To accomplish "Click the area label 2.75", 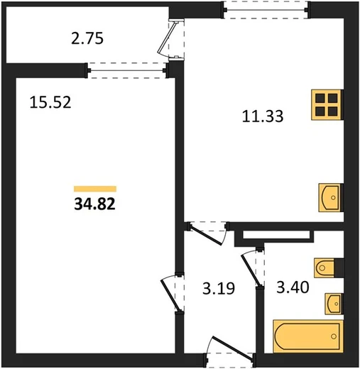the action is pos(87,39).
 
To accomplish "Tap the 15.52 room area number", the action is pos(50,103).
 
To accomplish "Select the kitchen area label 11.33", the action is pos(263,116).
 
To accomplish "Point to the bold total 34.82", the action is pos(94,204).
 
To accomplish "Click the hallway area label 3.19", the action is pos(219,288).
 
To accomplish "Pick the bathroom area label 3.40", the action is pos(293,287).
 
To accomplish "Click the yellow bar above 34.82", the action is pos(95,189).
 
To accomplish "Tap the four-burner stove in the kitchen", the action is pos(327,104).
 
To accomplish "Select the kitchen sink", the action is pos(331,197).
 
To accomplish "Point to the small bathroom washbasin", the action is pos(334,304).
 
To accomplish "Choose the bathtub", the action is pos(308,336).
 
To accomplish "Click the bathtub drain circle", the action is pos(334,336).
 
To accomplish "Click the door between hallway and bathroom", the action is pos(252,268).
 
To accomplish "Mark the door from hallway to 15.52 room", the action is pos(173,293).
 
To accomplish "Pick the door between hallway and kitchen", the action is pos(208,233).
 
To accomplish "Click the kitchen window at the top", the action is pos(266,10).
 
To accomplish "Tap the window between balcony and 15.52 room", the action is pos(127,70).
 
